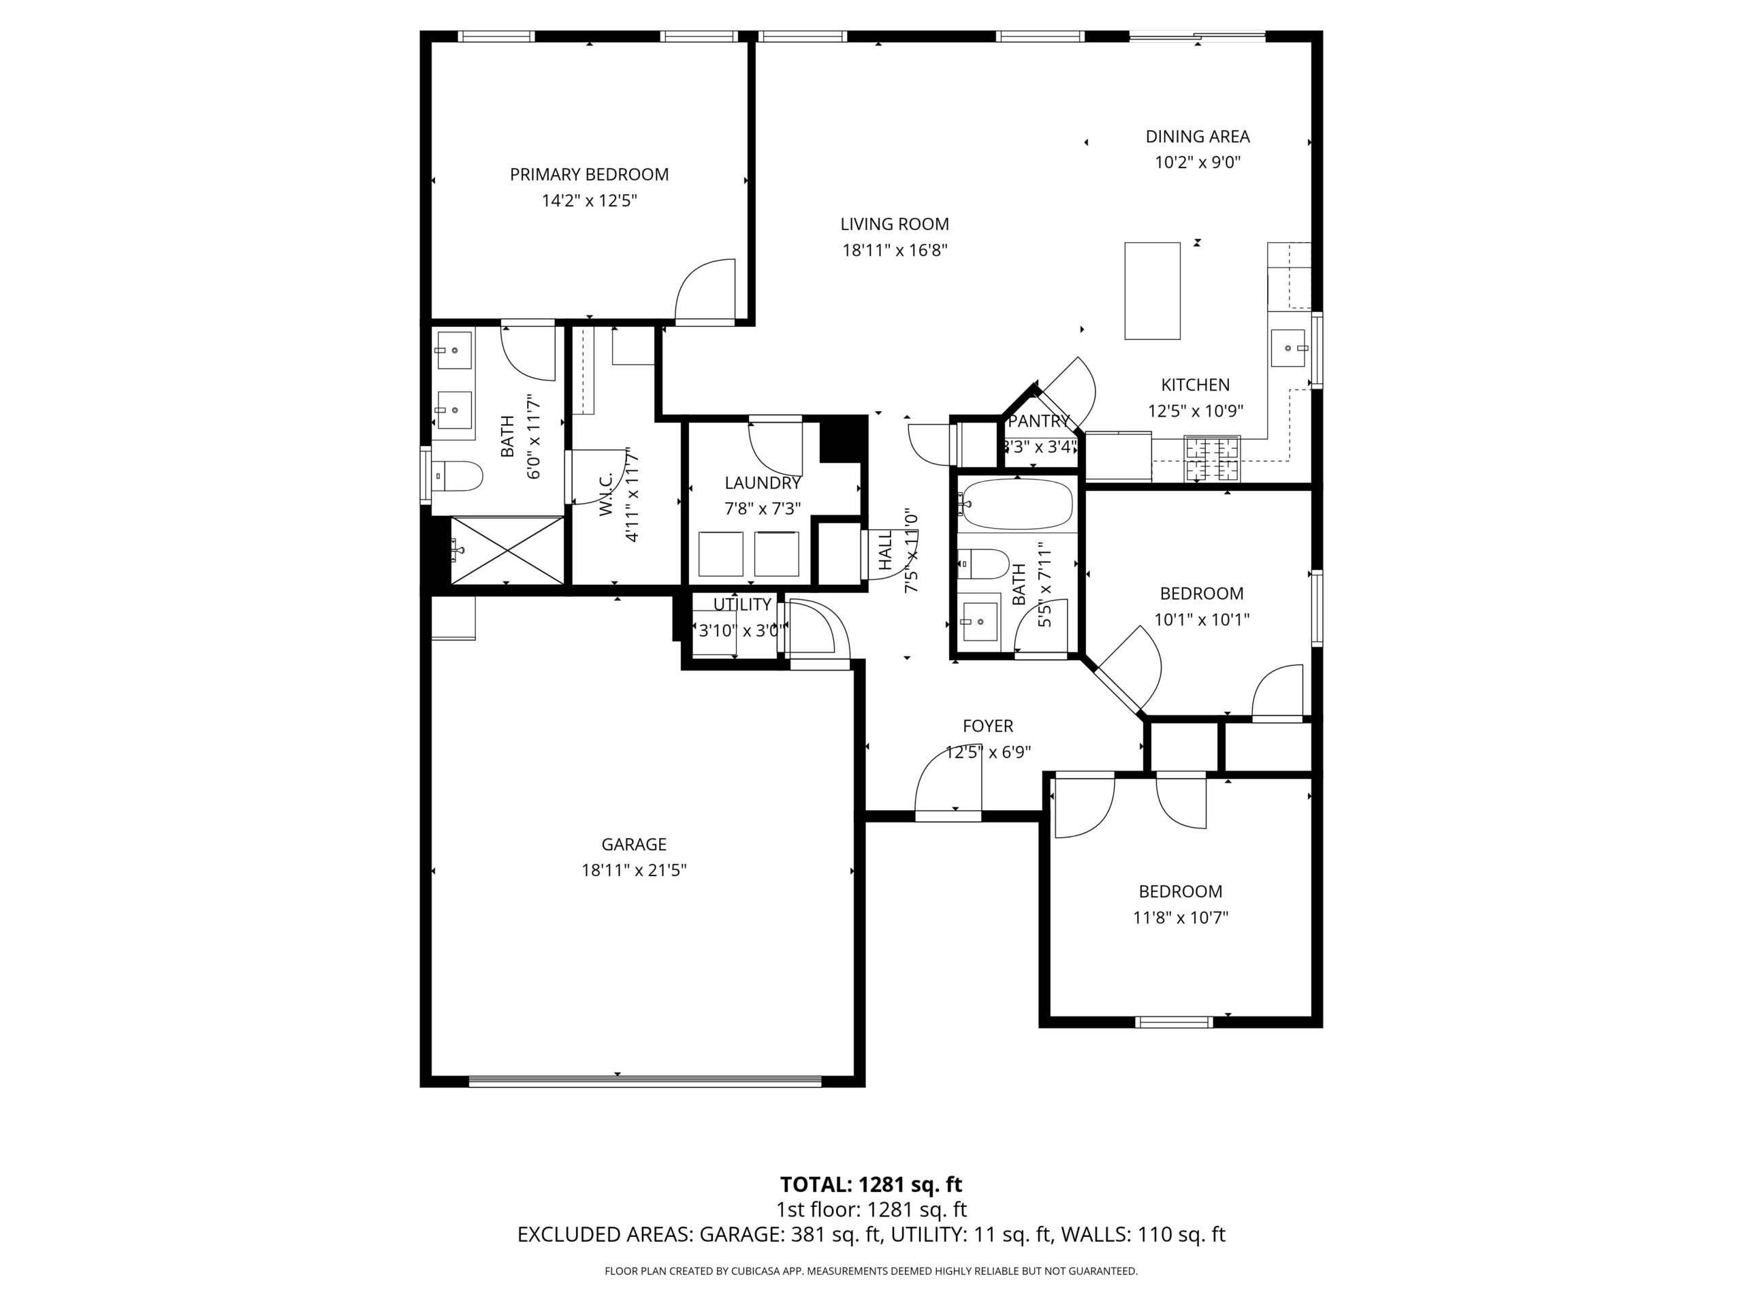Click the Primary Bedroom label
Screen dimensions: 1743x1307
click(589, 174)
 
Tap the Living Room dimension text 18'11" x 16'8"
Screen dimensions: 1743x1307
click(895, 251)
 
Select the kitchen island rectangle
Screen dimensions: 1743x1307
click(1152, 291)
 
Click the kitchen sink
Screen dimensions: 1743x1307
click(1289, 349)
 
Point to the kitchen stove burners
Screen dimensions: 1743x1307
click(1213, 459)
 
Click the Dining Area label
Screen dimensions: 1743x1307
click(1198, 136)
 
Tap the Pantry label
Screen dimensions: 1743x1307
click(1038, 421)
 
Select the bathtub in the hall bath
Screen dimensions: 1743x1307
click(1017, 504)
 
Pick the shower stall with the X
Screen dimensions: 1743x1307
click(507, 550)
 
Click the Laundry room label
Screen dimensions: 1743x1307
click(763, 483)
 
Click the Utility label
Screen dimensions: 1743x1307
click(742, 604)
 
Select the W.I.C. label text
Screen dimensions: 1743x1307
click(606, 495)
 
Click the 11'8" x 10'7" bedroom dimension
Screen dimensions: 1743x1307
click(1181, 918)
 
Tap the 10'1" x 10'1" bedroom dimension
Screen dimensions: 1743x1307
click(1202, 620)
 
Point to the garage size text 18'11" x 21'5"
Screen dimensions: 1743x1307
click(635, 871)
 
